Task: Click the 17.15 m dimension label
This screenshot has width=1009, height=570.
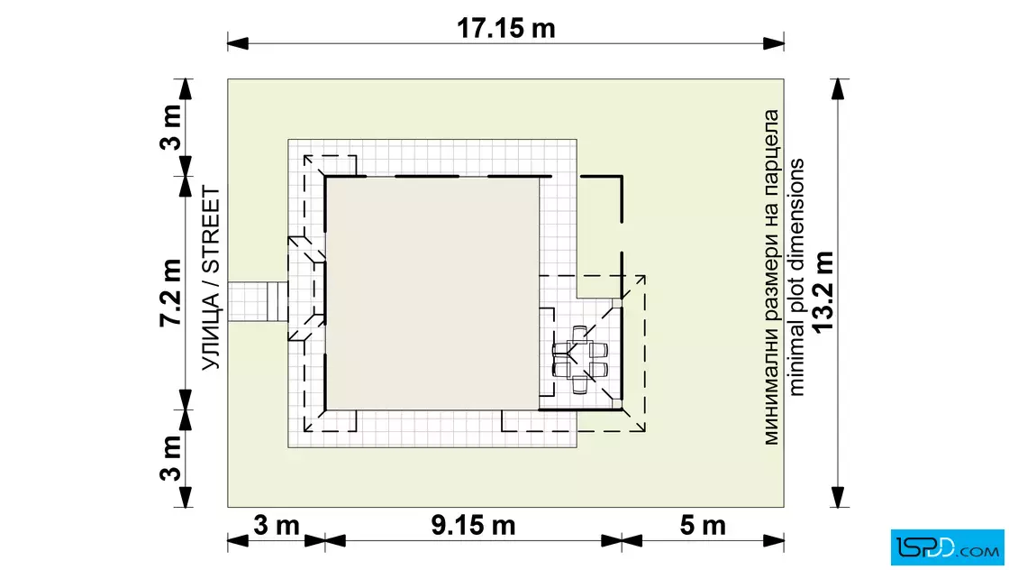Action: coord(505,28)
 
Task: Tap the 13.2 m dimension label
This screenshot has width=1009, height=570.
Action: coord(823,292)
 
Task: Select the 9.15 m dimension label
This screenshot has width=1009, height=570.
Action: coord(473,526)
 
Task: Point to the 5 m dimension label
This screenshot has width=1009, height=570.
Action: coord(703,526)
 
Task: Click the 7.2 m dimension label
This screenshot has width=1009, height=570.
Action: coord(171,293)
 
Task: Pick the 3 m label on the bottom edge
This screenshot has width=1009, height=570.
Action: coord(276,526)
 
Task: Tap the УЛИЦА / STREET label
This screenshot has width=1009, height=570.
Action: coord(211,279)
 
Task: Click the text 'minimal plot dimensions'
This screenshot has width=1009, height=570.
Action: coord(796,277)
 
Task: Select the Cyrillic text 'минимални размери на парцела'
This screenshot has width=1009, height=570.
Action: coord(771,277)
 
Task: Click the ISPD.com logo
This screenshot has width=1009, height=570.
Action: coord(947,547)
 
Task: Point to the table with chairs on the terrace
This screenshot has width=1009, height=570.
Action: coord(580,359)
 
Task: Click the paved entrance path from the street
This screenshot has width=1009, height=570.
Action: coord(258,300)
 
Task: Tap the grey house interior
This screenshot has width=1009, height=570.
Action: coord(432,293)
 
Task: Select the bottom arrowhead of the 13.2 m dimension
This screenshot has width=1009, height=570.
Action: coord(837,497)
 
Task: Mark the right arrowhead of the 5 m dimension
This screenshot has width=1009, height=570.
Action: coord(774,541)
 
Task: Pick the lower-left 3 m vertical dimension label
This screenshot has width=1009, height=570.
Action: coord(171,458)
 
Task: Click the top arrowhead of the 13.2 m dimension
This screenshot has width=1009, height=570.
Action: coord(837,89)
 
